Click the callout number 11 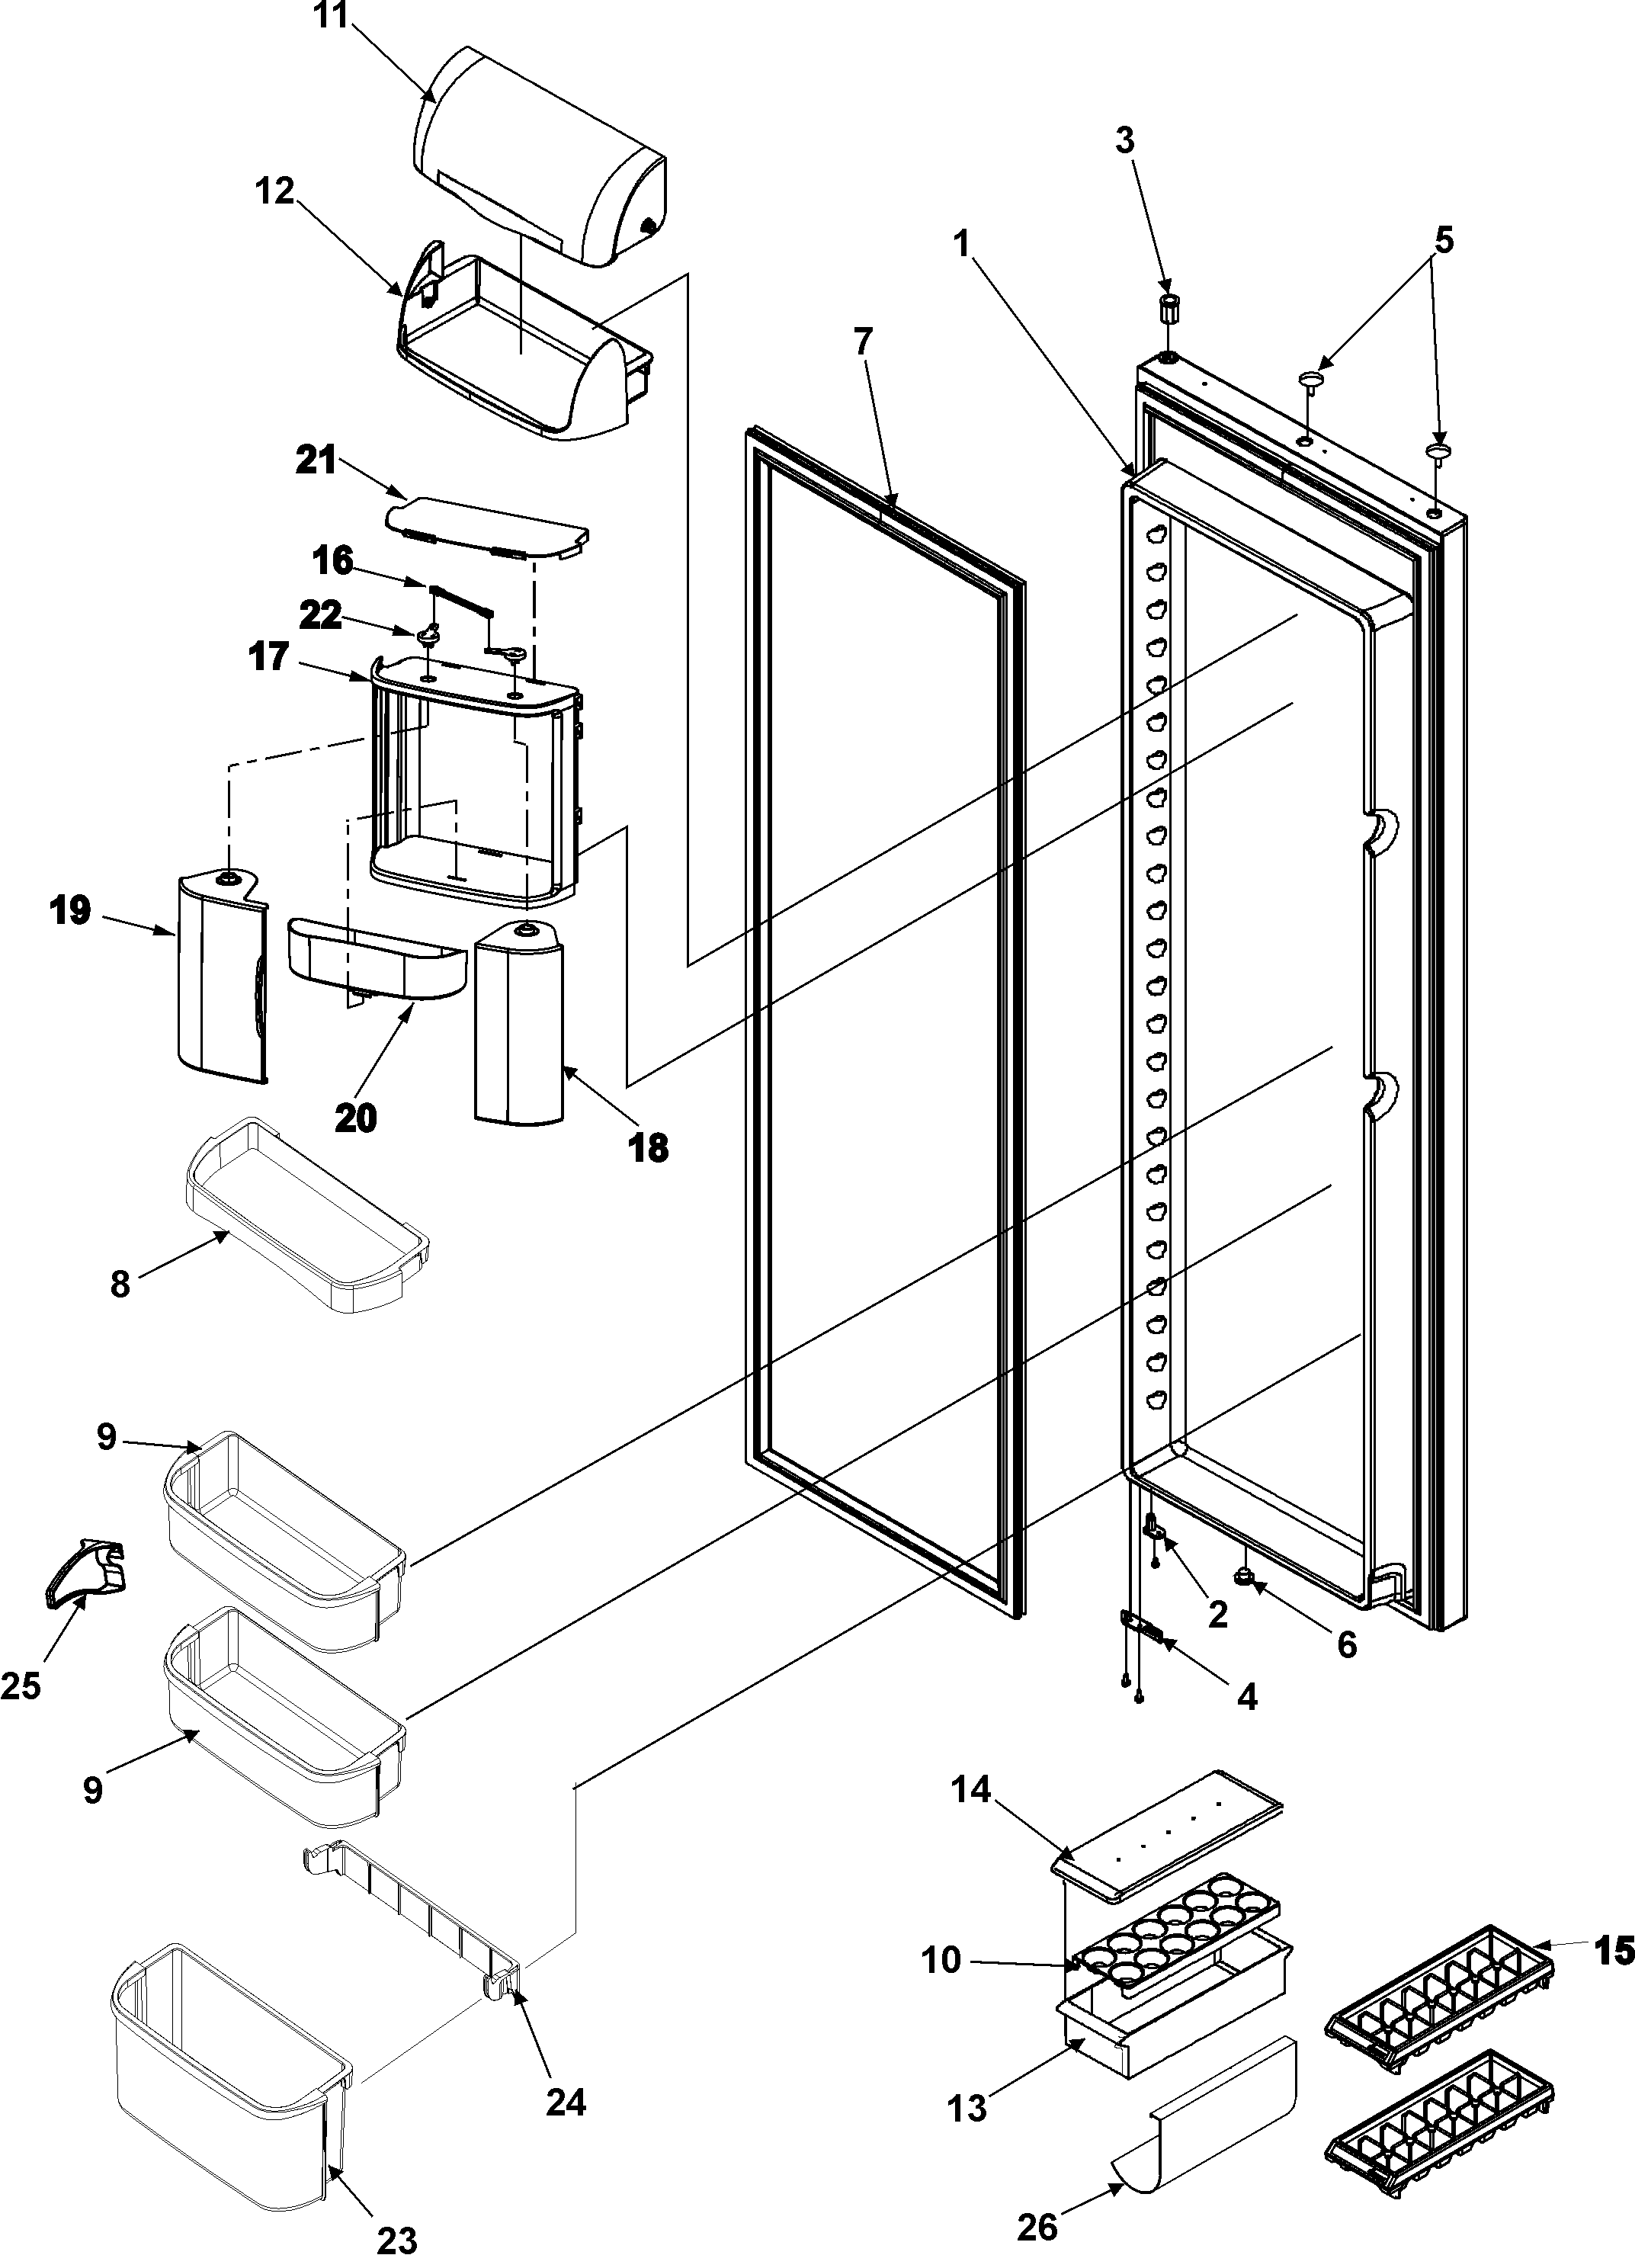tap(332, 17)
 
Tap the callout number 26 tap(1037, 2225)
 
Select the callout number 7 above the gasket tap(862, 342)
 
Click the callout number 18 tap(647, 1147)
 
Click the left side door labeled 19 tap(220, 980)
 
